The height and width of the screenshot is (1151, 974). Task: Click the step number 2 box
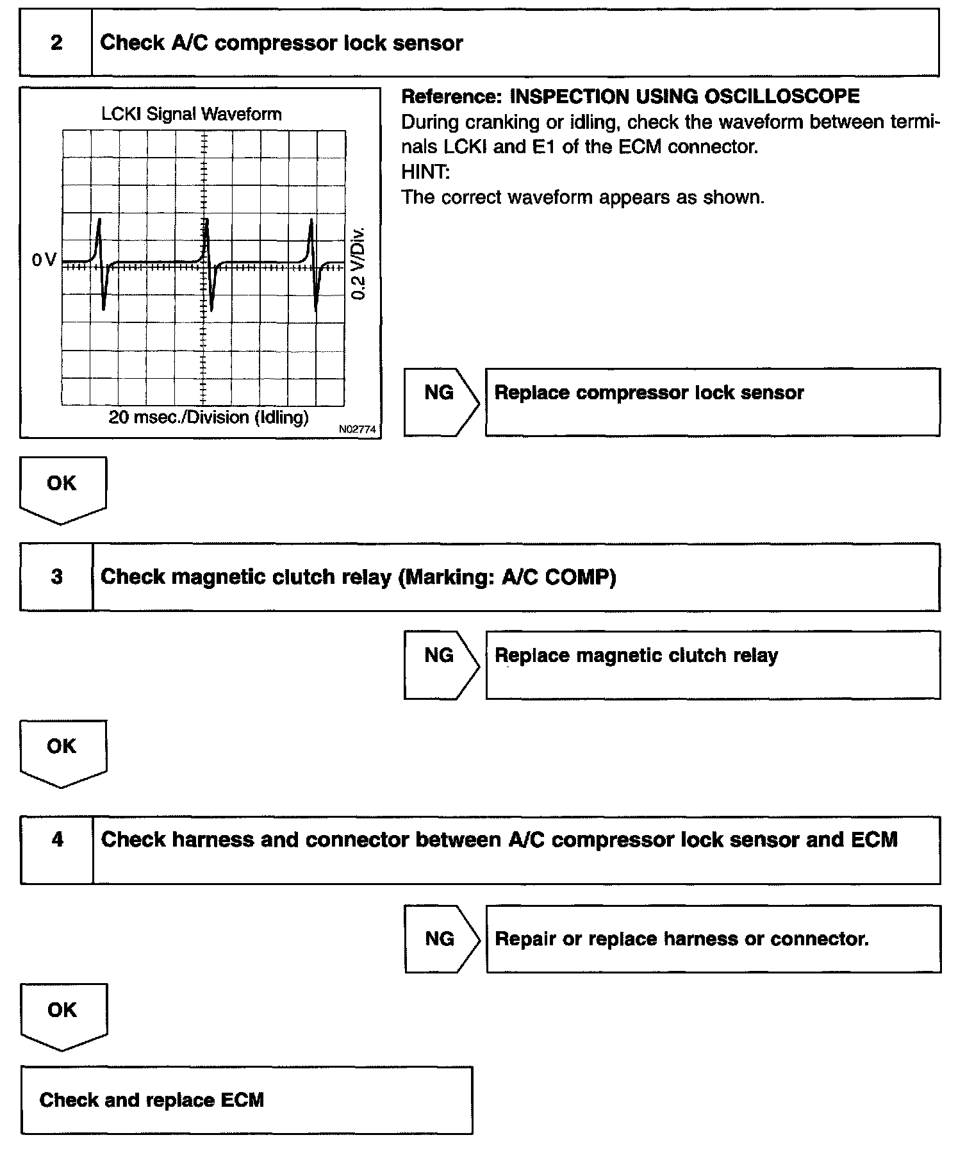pyautogui.click(x=56, y=43)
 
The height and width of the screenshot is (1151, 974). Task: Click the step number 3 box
pyautogui.click(x=56, y=577)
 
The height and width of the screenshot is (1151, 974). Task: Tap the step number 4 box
pyautogui.click(x=57, y=840)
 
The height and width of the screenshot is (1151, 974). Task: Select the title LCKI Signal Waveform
pyautogui.click(x=192, y=114)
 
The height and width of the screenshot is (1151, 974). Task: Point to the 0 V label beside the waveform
pyautogui.click(x=44, y=260)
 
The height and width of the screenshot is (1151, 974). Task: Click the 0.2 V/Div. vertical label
pyautogui.click(x=359, y=263)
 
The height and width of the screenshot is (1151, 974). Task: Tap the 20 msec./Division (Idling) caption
pyautogui.click(x=208, y=418)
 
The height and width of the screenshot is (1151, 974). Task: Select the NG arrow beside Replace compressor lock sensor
pyautogui.click(x=440, y=402)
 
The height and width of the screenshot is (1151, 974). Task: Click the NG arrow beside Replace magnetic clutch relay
pyautogui.click(x=440, y=665)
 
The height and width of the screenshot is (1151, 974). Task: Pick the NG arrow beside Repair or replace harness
pyautogui.click(x=440, y=939)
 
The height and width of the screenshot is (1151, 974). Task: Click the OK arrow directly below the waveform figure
pyautogui.click(x=62, y=488)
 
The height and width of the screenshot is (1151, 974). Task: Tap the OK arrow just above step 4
pyautogui.click(x=62, y=751)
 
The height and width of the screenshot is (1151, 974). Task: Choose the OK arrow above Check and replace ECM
pyautogui.click(x=63, y=1014)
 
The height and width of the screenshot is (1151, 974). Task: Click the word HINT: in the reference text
pyautogui.click(x=425, y=172)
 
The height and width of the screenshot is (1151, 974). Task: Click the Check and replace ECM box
pyautogui.click(x=246, y=1100)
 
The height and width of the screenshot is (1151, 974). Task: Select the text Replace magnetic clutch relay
pyautogui.click(x=636, y=656)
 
